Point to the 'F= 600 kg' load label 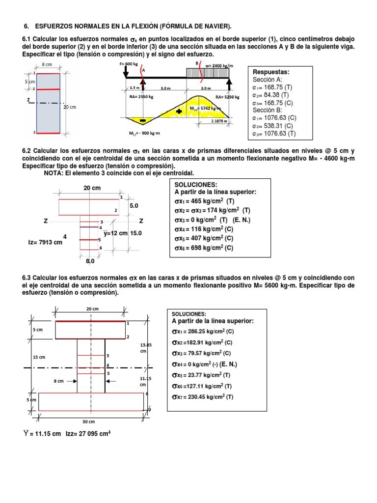(x=129, y=64)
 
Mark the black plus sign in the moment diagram (x=179, y=112)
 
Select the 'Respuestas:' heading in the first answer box (x=271, y=72)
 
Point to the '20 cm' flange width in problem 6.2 (x=92, y=188)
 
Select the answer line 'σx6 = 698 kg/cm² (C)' (x=204, y=248)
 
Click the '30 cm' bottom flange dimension (x=88, y=421)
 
